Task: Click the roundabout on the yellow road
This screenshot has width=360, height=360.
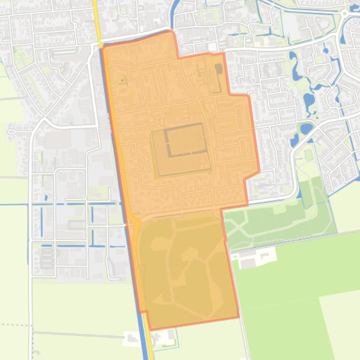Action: tap(136, 223)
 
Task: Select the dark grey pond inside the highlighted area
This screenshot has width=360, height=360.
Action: tap(219, 69)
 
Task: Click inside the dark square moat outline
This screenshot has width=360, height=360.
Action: tap(185, 140)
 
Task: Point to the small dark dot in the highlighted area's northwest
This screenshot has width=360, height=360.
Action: tap(122, 80)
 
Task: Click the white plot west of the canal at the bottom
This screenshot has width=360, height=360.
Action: tap(131, 338)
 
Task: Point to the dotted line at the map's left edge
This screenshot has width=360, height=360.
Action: tap(14, 324)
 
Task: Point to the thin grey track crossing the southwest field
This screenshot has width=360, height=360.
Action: tap(80, 334)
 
